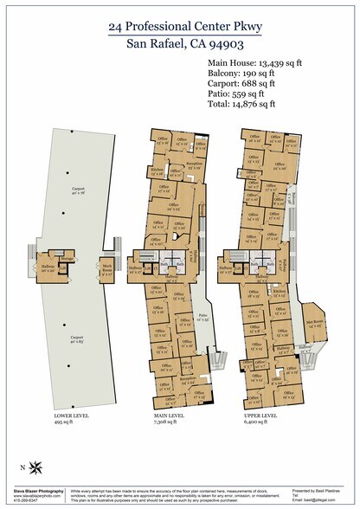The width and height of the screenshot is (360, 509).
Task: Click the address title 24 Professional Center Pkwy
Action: (x=179, y=27)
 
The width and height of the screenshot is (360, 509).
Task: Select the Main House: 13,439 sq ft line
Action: (x=258, y=62)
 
